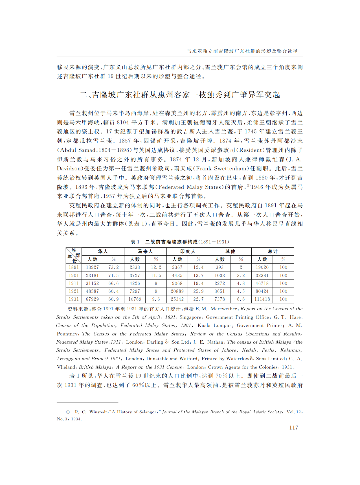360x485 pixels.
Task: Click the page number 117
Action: coord(293,427)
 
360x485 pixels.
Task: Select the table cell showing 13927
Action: coord(92,267)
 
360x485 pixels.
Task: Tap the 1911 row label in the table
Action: coord(74,283)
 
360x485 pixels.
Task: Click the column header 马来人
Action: coord(145,251)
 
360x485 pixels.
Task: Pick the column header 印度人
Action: coord(188,251)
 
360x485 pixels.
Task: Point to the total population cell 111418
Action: coord(262,299)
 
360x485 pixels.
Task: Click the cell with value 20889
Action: coord(177,291)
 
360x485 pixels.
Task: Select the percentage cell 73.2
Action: coord(114,267)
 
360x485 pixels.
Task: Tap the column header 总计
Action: coord(273,251)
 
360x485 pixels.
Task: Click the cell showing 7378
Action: coord(219,299)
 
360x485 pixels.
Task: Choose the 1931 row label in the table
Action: coord(74,299)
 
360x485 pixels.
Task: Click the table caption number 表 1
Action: coord(135,242)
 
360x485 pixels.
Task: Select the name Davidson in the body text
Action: coord(69,168)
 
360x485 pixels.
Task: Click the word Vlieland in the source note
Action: coord(66,367)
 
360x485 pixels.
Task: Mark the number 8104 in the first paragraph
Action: coord(123,122)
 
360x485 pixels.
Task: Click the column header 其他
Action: coord(230,251)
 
